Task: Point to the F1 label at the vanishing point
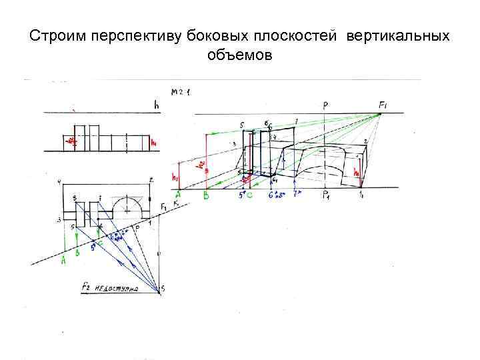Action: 385,105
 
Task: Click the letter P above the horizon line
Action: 325,105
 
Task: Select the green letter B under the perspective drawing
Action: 206,196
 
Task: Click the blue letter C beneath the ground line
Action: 249,196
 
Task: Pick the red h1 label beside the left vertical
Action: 175,177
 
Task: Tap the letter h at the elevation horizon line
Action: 155,103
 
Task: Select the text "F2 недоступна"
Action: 109,287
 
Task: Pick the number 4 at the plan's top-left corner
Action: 59,181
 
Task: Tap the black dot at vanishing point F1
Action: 379,114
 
